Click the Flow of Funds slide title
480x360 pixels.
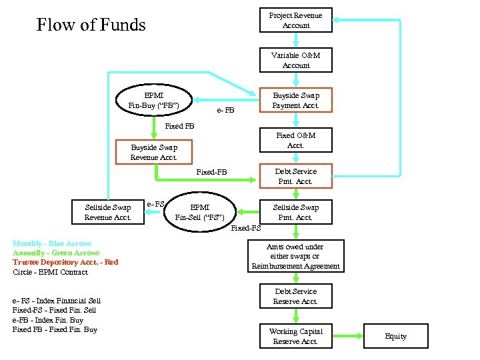tap(91, 25)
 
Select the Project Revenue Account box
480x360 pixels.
tap(295, 20)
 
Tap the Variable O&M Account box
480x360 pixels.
tap(295, 61)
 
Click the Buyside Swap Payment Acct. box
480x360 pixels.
tap(295, 101)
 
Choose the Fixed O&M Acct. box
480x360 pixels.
tap(295, 140)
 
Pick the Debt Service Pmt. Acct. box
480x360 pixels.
tap(295, 176)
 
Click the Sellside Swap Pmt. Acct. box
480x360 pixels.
tap(295, 212)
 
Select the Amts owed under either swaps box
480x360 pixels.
tap(295, 256)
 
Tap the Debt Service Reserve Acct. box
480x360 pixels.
tap(295, 297)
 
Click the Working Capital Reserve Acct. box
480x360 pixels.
tap(295, 336)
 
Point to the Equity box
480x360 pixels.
tap(395, 336)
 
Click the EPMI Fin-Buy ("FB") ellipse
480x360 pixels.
tap(154, 100)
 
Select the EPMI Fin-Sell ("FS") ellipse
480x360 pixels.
tap(199, 212)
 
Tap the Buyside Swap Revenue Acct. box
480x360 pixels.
tap(154, 152)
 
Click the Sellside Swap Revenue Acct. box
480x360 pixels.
tap(108, 212)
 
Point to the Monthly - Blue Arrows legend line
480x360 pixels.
tap(52, 244)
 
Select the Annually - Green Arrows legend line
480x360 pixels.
tap(56, 253)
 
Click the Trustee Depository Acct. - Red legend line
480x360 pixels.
tap(65, 262)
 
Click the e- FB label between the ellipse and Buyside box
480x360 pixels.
tap(226, 110)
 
